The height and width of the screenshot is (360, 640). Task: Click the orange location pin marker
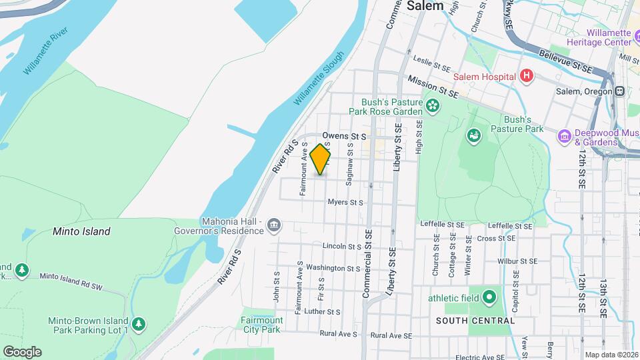tap(321, 159)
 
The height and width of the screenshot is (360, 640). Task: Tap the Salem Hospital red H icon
tap(527, 76)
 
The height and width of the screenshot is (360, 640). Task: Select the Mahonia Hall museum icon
tap(273, 226)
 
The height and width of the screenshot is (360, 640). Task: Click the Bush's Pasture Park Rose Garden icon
tap(433, 105)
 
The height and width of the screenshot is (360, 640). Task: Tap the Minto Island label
tap(81, 231)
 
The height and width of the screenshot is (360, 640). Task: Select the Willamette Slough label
tap(319, 78)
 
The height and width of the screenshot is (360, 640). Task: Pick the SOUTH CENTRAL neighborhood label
tap(475, 321)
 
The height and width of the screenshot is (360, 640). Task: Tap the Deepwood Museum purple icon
tap(565, 137)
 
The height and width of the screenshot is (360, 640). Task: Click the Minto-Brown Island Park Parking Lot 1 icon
tap(138, 325)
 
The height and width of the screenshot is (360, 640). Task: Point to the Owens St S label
tap(345, 135)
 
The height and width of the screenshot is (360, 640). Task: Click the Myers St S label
tap(345, 202)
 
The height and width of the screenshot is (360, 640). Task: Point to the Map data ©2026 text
tap(611, 355)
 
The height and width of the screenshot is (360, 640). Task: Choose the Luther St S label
tap(323, 311)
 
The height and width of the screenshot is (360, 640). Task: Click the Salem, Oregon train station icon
tap(620, 91)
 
